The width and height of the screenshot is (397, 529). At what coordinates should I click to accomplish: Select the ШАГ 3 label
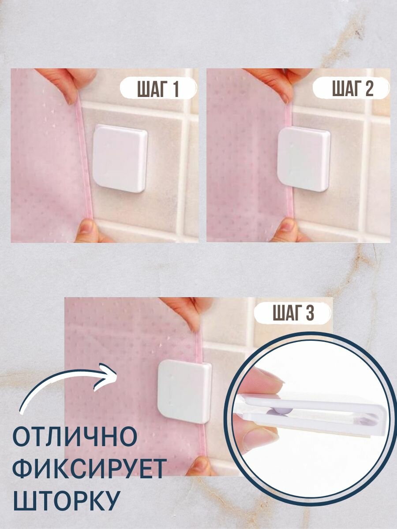pos(293,313)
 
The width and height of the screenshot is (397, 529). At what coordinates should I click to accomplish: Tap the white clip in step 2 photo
pos(303,160)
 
